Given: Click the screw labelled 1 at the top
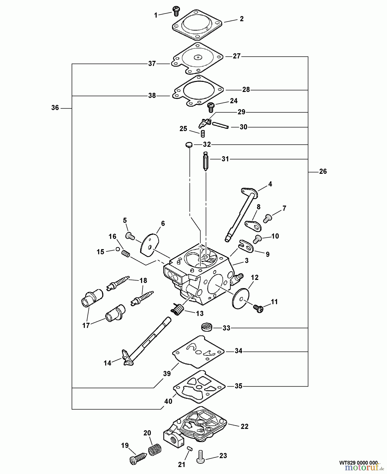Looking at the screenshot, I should (x=176, y=10).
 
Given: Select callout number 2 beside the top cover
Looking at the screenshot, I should (x=241, y=19).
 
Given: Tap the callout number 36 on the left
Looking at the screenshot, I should (x=55, y=108).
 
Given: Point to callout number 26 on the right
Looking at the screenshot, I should (x=323, y=171).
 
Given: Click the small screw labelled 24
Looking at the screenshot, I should (x=211, y=106).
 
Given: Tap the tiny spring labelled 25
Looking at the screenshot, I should (x=203, y=134).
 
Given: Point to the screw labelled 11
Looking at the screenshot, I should (x=258, y=307).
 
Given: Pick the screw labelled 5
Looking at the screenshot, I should (x=129, y=236).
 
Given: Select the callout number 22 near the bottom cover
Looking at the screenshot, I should (x=244, y=427).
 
